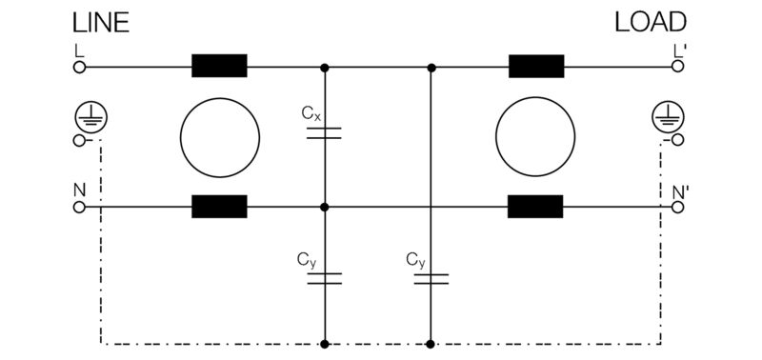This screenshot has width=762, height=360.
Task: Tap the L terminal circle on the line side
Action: click(80, 68)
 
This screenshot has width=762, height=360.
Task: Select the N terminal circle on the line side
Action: click(80, 207)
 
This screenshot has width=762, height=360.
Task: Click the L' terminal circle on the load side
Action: click(678, 68)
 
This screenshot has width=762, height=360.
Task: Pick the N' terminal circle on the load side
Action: click(678, 207)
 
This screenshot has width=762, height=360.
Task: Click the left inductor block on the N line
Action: click(219, 207)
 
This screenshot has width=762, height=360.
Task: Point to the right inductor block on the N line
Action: click(536, 207)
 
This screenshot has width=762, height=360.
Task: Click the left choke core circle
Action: click(220, 137)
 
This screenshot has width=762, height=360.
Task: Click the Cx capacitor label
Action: click(311, 113)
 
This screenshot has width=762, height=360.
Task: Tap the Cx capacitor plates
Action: click(326, 133)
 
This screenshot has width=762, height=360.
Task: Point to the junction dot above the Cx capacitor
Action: click(326, 68)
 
